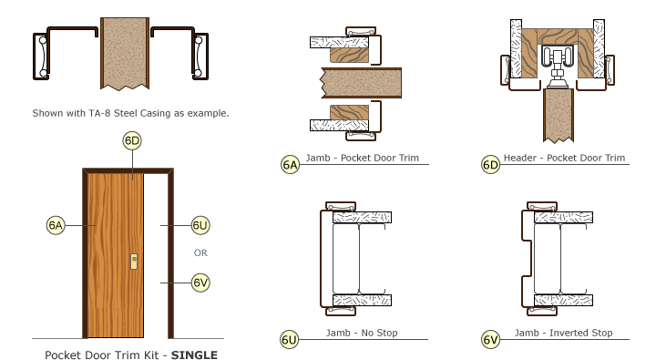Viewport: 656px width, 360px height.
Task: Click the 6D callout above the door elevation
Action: (x=131, y=140)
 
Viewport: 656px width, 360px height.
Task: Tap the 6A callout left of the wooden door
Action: (x=56, y=224)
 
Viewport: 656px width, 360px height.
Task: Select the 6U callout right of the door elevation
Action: (x=200, y=224)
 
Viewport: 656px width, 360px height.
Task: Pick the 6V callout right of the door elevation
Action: (x=200, y=283)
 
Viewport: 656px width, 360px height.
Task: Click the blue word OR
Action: (x=200, y=252)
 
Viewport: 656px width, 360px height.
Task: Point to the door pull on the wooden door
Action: (x=134, y=261)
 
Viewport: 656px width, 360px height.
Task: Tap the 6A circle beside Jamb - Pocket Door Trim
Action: (x=290, y=165)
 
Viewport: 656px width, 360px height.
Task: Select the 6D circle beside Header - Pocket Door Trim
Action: (x=490, y=165)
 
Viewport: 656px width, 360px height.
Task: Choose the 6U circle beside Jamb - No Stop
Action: (x=289, y=340)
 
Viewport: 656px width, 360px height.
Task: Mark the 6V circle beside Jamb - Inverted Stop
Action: (x=490, y=340)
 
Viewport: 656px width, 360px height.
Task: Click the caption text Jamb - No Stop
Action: (x=362, y=333)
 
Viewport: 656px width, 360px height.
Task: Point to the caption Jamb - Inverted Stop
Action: (x=563, y=333)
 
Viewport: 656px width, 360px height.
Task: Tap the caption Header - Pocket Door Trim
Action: (x=565, y=158)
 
